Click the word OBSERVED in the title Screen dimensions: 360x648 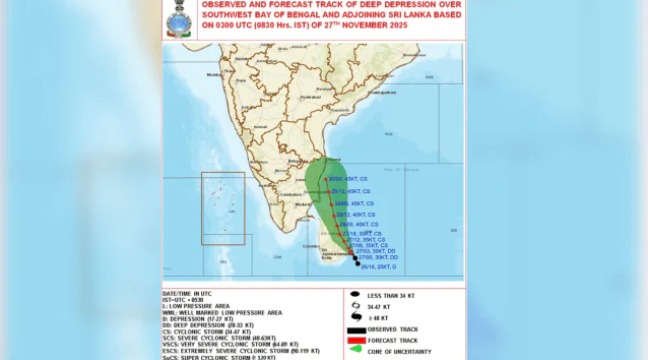[x=229, y=5]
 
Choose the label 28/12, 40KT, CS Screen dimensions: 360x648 [x=357, y=214]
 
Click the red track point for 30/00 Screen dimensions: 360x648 [x=326, y=178]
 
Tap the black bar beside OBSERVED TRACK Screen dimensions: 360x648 [x=357, y=329]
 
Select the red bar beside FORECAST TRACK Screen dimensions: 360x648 [x=357, y=339]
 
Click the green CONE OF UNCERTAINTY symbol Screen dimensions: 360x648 [x=356, y=350]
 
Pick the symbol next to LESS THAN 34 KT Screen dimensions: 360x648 [x=355, y=294]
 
